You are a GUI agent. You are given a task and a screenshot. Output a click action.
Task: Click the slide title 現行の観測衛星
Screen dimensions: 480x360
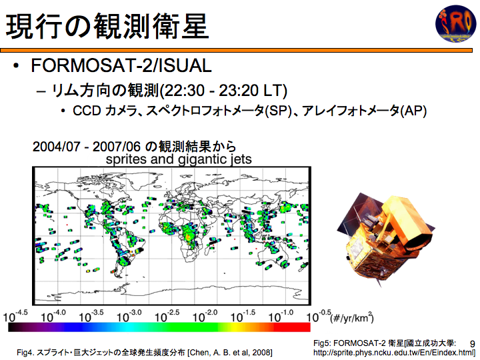click(x=107, y=26)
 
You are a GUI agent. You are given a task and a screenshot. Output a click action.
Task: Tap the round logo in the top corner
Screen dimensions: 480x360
click(x=456, y=23)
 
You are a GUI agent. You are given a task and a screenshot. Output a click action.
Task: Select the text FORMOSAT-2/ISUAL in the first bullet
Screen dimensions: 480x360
click(x=121, y=65)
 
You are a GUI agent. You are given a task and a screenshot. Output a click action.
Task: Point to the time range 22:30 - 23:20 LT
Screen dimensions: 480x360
click(x=223, y=91)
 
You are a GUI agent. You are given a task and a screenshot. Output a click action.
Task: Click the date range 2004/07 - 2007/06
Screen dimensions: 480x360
click(x=86, y=147)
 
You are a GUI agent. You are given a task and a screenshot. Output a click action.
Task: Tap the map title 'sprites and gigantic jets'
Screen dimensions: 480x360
click(x=179, y=159)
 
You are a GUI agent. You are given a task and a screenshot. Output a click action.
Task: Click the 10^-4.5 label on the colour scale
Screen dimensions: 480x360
click(x=15, y=316)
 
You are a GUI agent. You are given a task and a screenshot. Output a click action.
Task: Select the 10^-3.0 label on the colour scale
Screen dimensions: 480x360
click(x=129, y=316)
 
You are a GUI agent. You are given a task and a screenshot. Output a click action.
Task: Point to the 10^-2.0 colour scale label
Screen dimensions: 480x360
click(x=205, y=316)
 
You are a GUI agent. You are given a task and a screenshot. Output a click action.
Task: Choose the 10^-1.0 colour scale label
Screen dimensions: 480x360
click(x=281, y=316)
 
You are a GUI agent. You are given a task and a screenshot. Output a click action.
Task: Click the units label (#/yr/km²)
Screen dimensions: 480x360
click(x=352, y=317)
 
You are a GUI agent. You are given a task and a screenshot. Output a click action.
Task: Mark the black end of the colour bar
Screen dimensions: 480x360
click(x=15, y=327)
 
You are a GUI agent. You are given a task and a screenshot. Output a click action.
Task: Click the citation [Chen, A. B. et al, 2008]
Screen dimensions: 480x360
click(x=229, y=353)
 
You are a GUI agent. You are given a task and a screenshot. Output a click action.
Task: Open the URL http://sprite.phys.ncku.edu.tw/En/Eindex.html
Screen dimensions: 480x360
click(x=394, y=353)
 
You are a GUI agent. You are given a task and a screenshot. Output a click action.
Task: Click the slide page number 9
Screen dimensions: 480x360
click(x=473, y=344)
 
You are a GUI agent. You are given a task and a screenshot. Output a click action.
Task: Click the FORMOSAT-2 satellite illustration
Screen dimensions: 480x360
click(x=386, y=239)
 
